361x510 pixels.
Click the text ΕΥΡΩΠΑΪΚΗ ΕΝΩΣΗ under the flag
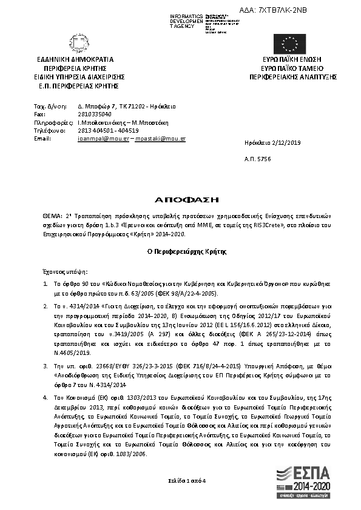[x=291, y=61]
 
